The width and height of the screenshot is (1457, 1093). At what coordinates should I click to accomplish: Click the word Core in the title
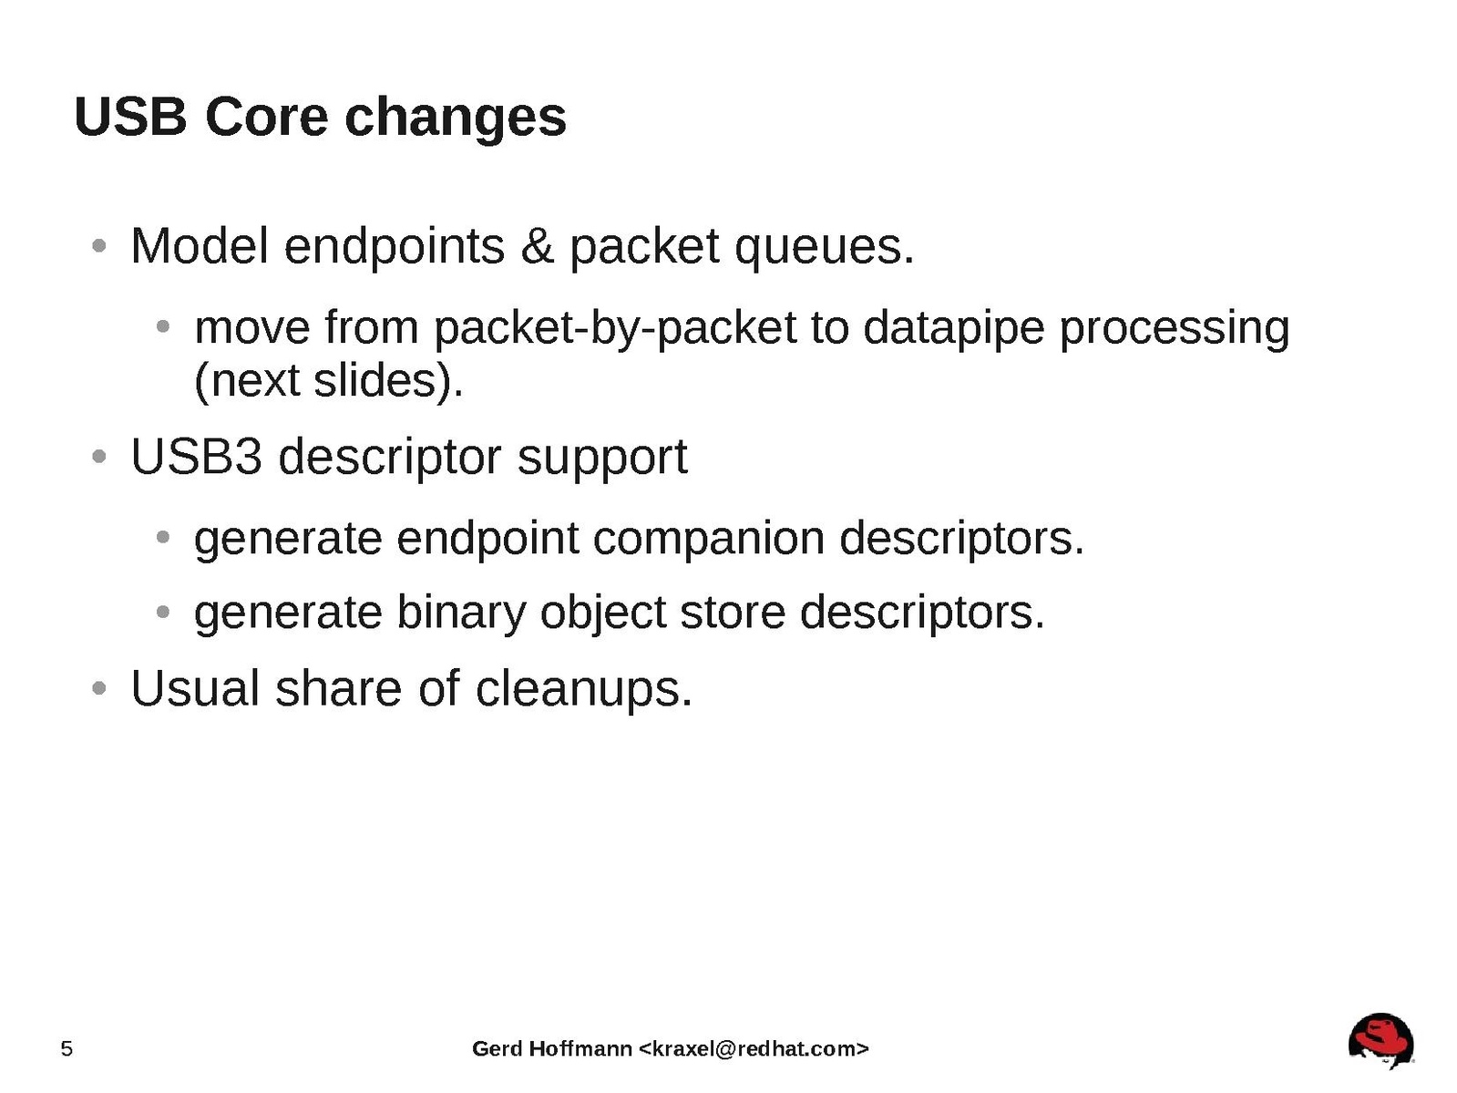pyautogui.click(x=267, y=117)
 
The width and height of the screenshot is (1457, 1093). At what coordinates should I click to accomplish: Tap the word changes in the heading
pyautogui.click(x=456, y=120)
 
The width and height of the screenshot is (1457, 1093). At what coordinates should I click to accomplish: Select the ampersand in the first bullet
pyautogui.click(x=537, y=246)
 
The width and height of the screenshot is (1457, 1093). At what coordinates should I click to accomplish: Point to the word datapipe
pyautogui.click(x=954, y=330)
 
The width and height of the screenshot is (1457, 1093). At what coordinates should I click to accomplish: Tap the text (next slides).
pyautogui.click(x=329, y=382)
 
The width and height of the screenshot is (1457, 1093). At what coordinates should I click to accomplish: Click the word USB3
pyautogui.click(x=197, y=458)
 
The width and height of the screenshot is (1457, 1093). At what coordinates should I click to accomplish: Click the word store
pyautogui.click(x=733, y=613)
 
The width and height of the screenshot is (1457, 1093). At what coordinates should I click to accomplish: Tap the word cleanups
pyautogui.click(x=584, y=691)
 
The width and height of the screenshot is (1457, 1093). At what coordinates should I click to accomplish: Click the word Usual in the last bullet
pyautogui.click(x=195, y=688)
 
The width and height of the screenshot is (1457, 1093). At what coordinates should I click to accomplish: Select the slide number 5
pyautogui.click(x=67, y=1048)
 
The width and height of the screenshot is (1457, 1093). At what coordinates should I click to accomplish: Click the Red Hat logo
pyautogui.click(x=1380, y=1040)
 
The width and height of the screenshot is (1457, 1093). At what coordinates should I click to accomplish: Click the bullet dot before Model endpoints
pyautogui.click(x=99, y=246)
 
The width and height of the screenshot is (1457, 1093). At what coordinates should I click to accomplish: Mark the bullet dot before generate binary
pyautogui.click(x=162, y=612)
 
